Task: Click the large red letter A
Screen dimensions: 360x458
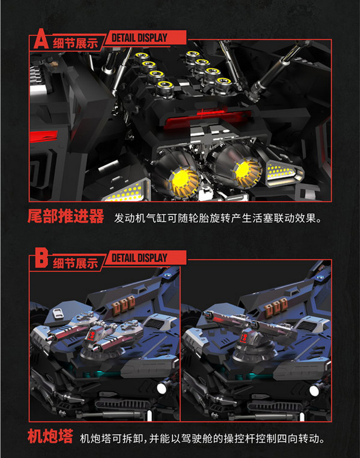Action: click(41, 39)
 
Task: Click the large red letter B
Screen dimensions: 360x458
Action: click(41, 258)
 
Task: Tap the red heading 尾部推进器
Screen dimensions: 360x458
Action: click(66, 217)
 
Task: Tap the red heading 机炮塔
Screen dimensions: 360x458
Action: click(50, 436)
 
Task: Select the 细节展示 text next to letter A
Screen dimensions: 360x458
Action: click(75, 44)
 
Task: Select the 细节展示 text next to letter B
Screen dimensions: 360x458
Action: click(75, 264)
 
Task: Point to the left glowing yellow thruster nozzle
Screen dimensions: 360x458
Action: click(183, 181)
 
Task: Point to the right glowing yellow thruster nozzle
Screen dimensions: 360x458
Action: click(247, 172)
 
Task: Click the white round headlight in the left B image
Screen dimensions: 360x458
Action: click(161, 388)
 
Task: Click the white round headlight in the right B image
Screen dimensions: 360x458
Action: click(314, 390)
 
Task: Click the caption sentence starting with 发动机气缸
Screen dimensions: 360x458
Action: click(217, 218)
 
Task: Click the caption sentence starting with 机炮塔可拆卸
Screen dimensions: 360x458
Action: click(202, 438)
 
